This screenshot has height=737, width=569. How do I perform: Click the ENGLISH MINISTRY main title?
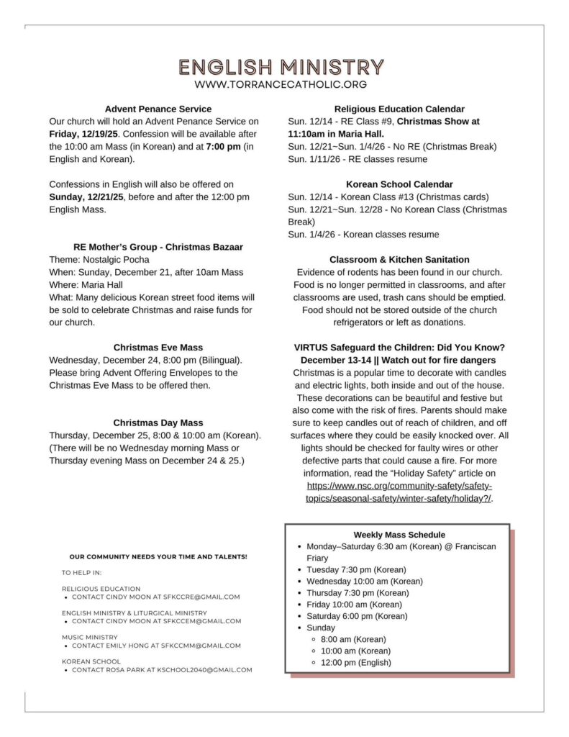click(281, 67)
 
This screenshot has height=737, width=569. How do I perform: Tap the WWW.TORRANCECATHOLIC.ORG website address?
click(281, 85)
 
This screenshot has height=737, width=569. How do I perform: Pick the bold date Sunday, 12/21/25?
click(86, 196)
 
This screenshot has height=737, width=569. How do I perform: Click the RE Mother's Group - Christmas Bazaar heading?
click(158, 247)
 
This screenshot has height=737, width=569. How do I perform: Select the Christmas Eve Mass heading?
click(158, 347)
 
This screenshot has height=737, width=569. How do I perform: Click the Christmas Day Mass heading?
click(158, 422)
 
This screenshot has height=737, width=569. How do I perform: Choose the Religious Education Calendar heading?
click(399, 109)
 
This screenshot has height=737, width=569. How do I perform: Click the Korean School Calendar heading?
click(399, 184)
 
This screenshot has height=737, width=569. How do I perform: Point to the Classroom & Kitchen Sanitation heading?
click(399, 259)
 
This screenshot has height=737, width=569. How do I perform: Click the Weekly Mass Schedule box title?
click(399, 535)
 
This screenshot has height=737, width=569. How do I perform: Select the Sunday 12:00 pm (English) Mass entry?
click(356, 662)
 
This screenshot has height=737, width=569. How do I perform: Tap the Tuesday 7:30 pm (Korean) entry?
click(356, 569)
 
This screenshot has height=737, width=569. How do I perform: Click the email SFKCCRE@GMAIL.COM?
click(201, 597)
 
